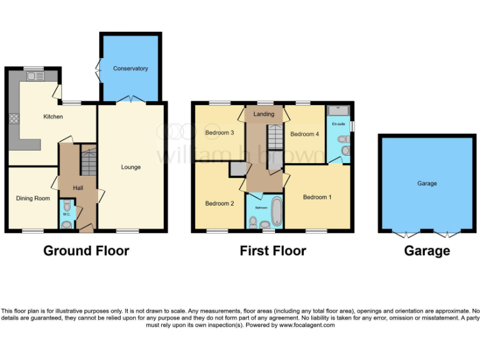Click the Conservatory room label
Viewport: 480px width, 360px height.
(x=130, y=68)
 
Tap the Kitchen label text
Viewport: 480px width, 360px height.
(x=52, y=117)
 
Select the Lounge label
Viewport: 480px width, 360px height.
(x=131, y=167)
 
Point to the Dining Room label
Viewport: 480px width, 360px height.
(x=32, y=199)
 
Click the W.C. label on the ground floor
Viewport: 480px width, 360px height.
(x=66, y=215)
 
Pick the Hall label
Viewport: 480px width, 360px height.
(x=77, y=188)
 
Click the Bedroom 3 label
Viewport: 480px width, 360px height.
(x=219, y=132)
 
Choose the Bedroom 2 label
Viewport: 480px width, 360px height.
(x=219, y=203)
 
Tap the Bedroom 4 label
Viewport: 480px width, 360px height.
(x=304, y=134)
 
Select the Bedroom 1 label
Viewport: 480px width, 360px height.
(x=317, y=197)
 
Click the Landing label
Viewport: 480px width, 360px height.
(x=263, y=114)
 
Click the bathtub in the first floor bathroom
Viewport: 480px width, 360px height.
(x=276, y=211)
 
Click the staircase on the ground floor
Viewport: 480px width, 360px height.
(x=88, y=161)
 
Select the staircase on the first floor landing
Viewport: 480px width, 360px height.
(x=274, y=136)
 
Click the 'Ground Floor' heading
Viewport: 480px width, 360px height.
(x=86, y=251)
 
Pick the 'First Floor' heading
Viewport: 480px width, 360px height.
(x=272, y=251)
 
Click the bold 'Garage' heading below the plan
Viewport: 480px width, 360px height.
(x=427, y=251)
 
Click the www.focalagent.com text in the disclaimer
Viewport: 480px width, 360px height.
(x=307, y=325)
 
